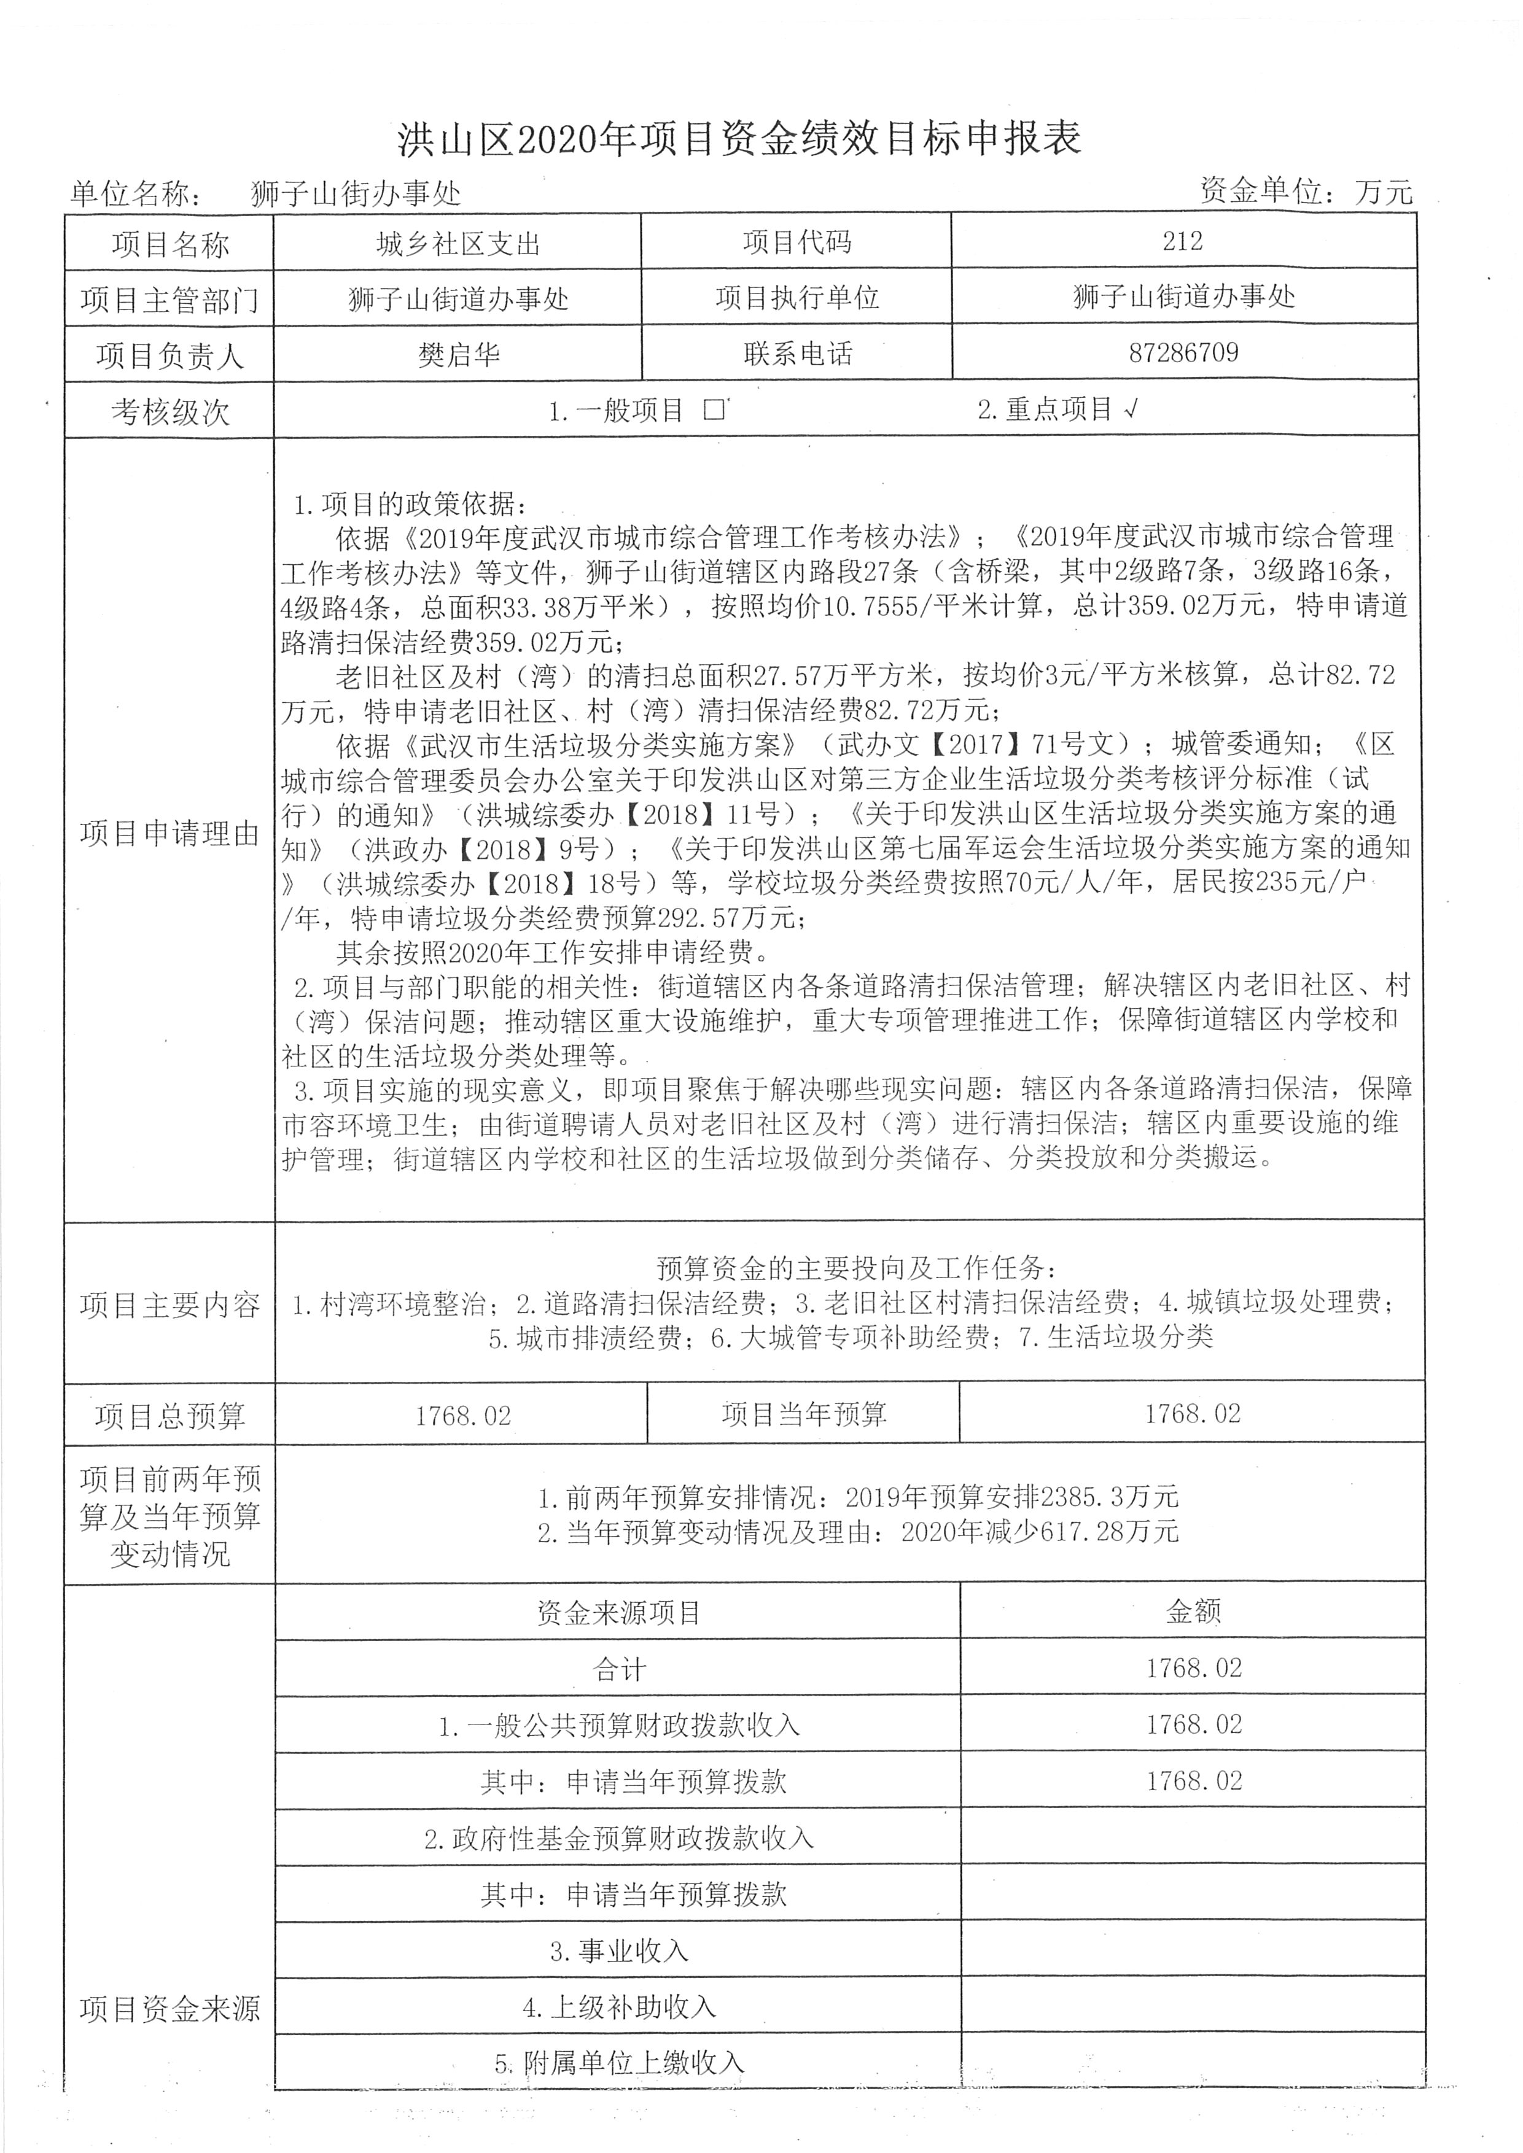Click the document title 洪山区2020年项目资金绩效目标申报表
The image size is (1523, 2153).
pos(739,139)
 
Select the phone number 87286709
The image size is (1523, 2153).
pos(1183,352)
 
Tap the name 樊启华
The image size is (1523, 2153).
pos(459,354)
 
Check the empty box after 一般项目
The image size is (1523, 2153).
pos(715,409)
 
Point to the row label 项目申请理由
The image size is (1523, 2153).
pos(169,832)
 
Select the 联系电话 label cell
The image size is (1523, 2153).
pos(797,354)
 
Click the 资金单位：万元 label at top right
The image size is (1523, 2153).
pos(1306,192)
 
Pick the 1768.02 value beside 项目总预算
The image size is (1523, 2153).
pos(463,1415)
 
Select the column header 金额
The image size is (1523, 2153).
pos(1193,1610)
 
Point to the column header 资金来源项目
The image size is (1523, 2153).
pos(619,1612)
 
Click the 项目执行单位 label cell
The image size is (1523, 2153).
pos(797,298)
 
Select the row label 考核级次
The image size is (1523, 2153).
pos(169,412)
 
